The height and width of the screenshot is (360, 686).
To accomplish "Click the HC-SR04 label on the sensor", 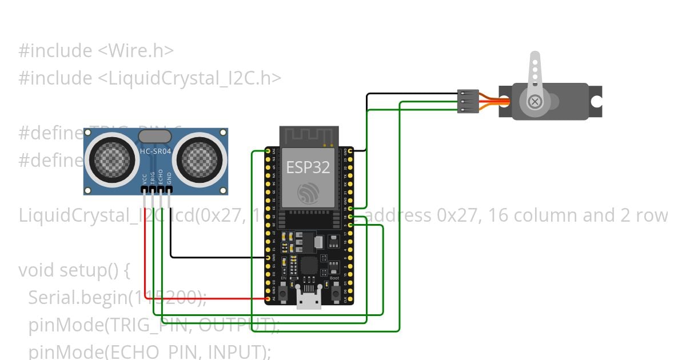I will tap(155, 151).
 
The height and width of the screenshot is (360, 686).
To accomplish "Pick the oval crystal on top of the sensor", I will tap(155, 135).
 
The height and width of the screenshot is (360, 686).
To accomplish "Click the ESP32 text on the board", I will tap(308, 167).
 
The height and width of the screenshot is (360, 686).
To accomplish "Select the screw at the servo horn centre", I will tap(535, 102).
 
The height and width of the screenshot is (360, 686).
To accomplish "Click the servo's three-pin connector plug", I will tap(467, 101).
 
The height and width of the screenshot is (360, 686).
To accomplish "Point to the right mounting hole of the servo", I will tap(596, 102).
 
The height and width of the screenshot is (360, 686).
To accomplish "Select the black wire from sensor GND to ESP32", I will tap(217, 257).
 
